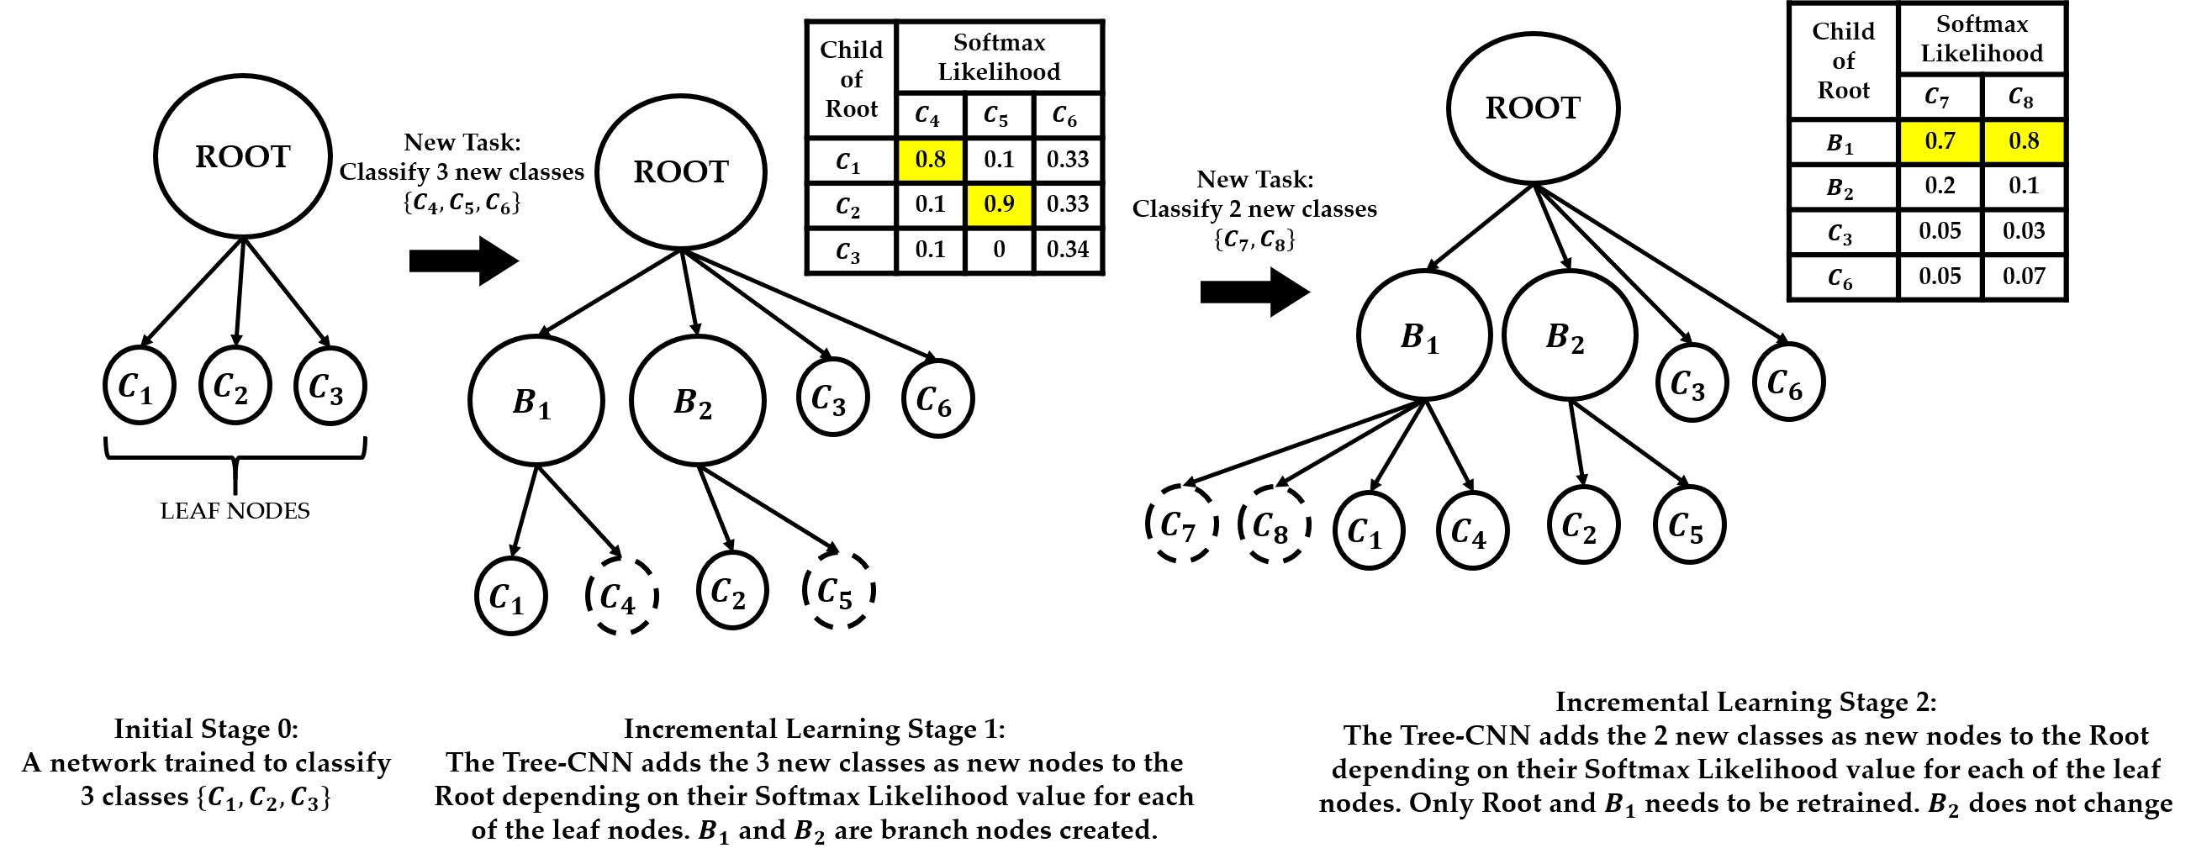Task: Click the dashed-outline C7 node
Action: click(x=1182, y=524)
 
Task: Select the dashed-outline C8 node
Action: click(x=1275, y=524)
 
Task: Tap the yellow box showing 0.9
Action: click(x=1000, y=205)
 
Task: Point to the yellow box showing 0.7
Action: click(x=1940, y=141)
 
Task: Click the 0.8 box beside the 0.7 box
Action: click(x=2025, y=141)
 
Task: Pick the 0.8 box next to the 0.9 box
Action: click(x=931, y=160)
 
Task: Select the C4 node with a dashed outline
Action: click(x=623, y=595)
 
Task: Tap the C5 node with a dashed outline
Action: click(x=839, y=590)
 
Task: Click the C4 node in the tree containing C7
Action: click(x=1472, y=530)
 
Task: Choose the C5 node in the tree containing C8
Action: click(x=1689, y=524)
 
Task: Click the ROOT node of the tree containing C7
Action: click(x=1533, y=108)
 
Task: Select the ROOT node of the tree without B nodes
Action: click(x=242, y=156)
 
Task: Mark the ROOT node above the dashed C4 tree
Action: click(x=680, y=171)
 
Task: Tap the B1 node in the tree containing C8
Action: click(x=1423, y=335)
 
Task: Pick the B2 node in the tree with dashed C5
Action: click(x=698, y=401)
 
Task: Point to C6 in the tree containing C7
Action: click(x=1788, y=382)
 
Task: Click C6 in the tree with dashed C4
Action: click(x=938, y=399)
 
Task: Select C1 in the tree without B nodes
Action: click(x=140, y=385)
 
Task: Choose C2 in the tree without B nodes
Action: click(x=235, y=385)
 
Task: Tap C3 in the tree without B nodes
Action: click(x=330, y=386)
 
